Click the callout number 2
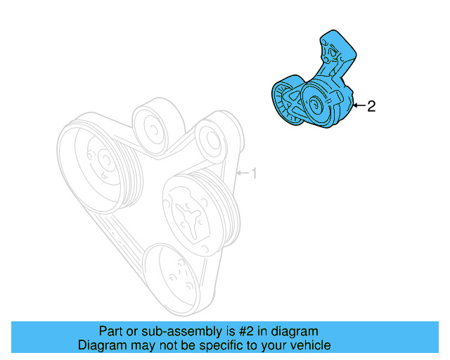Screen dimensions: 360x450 372,106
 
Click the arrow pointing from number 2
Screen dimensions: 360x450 359,106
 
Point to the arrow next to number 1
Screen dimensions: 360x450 243,173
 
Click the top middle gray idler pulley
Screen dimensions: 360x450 152,124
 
